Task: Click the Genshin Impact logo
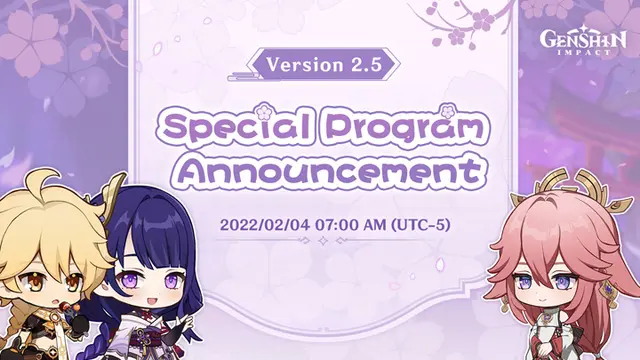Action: click(583, 42)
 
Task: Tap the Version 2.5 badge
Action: click(323, 64)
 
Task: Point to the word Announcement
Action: click(329, 170)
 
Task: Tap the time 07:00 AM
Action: click(349, 224)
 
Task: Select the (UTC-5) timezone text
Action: click(420, 224)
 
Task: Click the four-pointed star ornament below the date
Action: click(323, 241)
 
